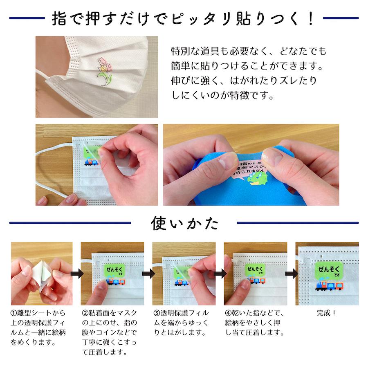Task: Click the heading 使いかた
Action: pyautogui.click(x=184, y=223)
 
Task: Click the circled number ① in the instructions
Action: pyautogui.click(x=14, y=313)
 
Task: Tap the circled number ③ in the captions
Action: pyautogui.click(x=156, y=313)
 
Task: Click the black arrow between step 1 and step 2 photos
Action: pyautogui.click(x=76, y=273)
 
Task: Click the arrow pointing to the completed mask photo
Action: pyautogui.click(x=291, y=273)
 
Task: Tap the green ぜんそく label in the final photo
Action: pyautogui.click(x=329, y=270)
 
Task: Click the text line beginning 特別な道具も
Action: pyautogui.click(x=249, y=52)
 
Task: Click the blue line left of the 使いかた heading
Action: pyautogui.click(x=70, y=223)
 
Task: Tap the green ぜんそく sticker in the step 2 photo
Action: pyautogui.click(x=114, y=270)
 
